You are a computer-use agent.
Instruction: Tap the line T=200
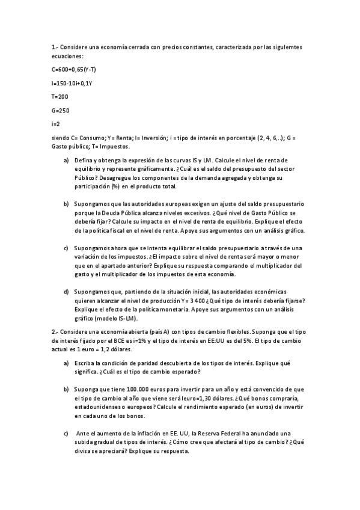59,96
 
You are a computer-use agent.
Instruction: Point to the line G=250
60,110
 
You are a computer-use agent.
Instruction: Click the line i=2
56,124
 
